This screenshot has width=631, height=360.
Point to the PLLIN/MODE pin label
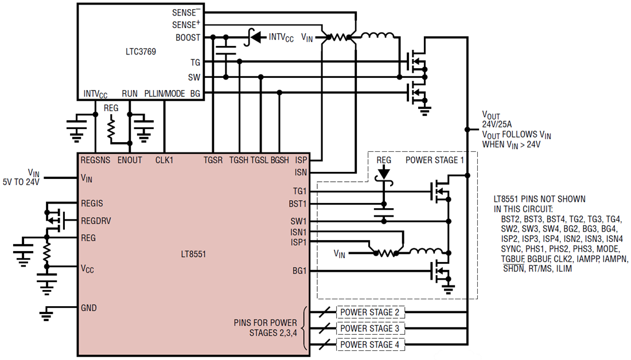click(165, 93)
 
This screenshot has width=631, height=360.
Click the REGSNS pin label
click(96, 160)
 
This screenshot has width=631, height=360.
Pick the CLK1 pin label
click(165, 160)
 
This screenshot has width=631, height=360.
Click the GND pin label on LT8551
click(89, 308)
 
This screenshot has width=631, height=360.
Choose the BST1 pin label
click(297, 203)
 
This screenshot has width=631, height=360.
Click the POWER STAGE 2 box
click(371, 312)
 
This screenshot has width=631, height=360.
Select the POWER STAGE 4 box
click(371, 345)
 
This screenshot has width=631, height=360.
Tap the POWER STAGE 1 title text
click(435, 160)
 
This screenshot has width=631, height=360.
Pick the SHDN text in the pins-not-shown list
click(513, 268)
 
